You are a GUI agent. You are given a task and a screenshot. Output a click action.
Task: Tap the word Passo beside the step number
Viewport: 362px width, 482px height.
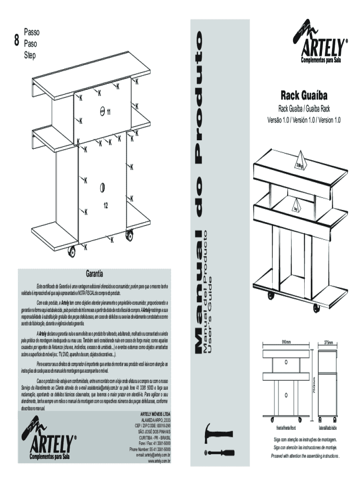click(32, 32)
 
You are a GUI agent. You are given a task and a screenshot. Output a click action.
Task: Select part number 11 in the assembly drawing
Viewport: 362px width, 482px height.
click(108, 112)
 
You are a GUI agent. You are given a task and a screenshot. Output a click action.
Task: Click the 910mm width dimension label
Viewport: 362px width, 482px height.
click(286, 342)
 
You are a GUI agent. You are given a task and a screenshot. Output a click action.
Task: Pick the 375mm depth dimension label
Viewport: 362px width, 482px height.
click(328, 342)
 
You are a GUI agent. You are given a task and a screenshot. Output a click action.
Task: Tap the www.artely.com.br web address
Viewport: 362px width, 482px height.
click(159, 461)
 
